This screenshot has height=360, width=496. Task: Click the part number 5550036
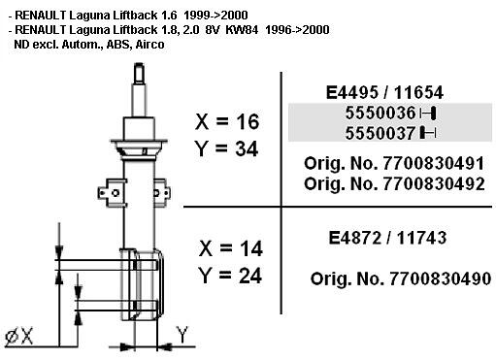tap(380, 113)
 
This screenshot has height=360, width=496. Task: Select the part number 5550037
tap(380, 133)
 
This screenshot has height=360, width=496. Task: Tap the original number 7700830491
tap(433, 163)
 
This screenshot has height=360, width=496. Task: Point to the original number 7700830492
tap(434, 183)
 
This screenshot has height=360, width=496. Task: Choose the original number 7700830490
tap(440, 278)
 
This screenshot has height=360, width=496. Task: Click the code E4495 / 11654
tap(384, 93)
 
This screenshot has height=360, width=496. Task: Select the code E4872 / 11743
tap(387, 238)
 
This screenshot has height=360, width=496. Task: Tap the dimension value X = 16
tap(227, 121)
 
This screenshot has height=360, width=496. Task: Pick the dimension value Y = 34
tap(226, 148)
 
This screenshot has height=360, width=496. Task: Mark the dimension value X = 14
tap(230, 248)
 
